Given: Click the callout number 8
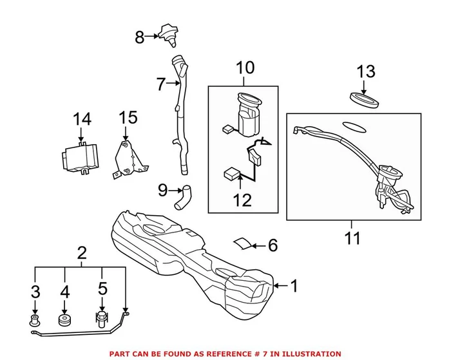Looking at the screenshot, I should tap(140, 37).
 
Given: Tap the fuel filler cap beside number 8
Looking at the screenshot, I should tap(168, 34).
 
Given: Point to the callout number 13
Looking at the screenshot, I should tap(366, 71).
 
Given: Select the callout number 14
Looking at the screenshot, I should tap(82, 119).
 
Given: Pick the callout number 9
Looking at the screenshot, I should tap(162, 190).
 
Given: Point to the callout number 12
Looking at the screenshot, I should tap(242, 200).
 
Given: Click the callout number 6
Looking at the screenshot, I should tap(272, 245).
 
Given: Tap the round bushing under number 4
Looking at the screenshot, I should tap(64, 319).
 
